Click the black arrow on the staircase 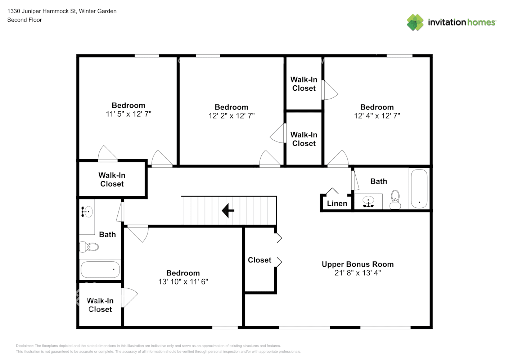click(228, 211)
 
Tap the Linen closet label click(337, 203)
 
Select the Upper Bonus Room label click(357, 264)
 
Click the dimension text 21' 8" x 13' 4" click(357, 273)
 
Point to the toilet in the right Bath click(395, 200)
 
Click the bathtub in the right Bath click(419, 189)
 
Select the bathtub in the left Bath click(100, 269)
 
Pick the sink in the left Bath click(87, 212)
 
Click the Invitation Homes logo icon click(415, 22)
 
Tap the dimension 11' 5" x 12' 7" click(129, 114)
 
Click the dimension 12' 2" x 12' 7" click(231, 116)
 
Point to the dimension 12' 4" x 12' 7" click(377, 116)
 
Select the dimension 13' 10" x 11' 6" click(183, 282)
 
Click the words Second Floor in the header click(24, 20)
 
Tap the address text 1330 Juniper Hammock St click(41, 11)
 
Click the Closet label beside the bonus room click(259, 260)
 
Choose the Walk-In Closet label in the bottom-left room click(100, 305)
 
